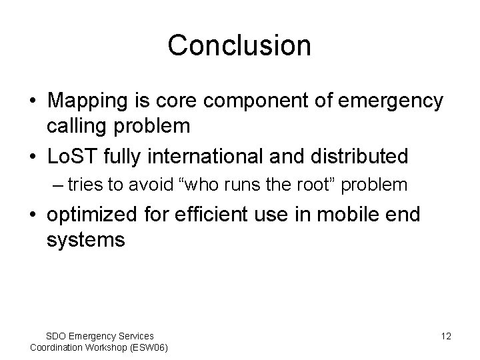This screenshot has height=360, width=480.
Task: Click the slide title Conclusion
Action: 239,46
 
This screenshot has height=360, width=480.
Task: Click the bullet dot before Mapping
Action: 33,102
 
